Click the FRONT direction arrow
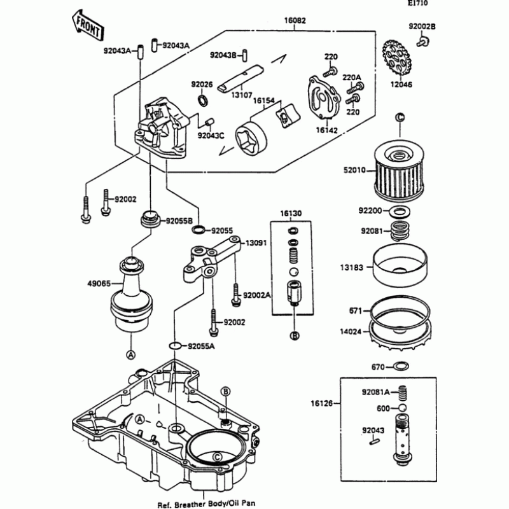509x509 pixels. coord(88,25)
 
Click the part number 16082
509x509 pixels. coord(295,20)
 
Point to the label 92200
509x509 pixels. coord(370,211)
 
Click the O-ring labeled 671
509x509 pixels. coord(400,310)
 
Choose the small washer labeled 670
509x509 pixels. coord(401,366)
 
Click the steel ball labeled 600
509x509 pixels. coord(402,408)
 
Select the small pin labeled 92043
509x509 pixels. coord(374,441)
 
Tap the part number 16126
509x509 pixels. coord(321,403)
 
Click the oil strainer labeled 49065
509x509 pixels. coord(132,295)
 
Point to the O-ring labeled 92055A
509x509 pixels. coord(176,346)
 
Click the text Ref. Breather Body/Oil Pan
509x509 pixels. coord(206,504)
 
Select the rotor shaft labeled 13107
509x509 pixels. coord(241,78)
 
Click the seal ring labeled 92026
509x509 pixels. coord(203,101)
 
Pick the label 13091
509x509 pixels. coord(256,242)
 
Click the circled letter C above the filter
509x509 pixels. coord(400,117)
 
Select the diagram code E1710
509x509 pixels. coord(418,3)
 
